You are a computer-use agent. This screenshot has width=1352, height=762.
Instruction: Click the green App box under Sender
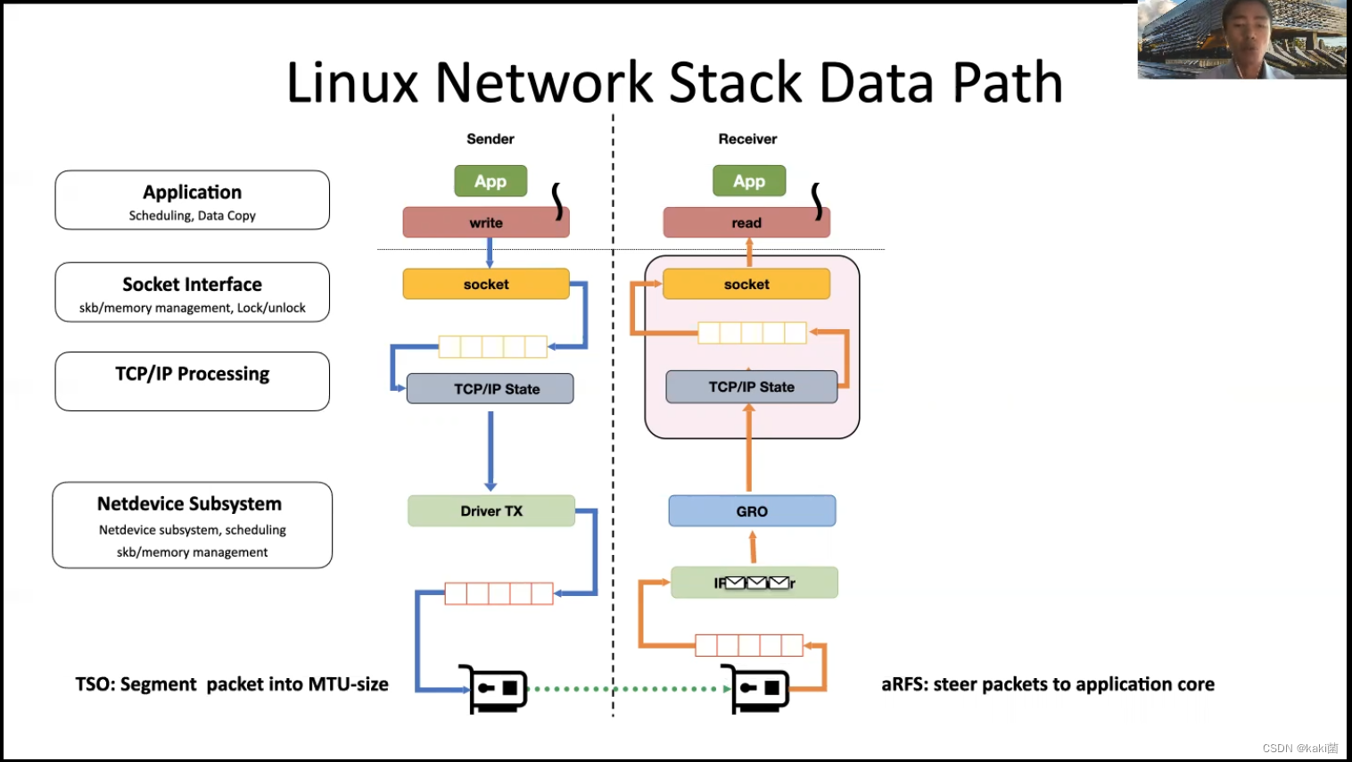pyautogui.click(x=491, y=181)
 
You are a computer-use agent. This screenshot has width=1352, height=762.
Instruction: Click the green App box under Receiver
pyautogui.click(x=749, y=181)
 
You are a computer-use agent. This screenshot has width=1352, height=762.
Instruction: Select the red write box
pyautogui.click(x=486, y=223)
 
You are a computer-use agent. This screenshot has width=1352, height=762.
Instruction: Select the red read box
pyautogui.click(x=746, y=223)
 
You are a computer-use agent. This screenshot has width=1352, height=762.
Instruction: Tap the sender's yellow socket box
pyautogui.click(x=486, y=285)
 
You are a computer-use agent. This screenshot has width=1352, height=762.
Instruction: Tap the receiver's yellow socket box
pyautogui.click(x=746, y=285)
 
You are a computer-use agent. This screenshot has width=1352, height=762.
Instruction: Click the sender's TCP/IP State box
pyautogui.click(x=490, y=389)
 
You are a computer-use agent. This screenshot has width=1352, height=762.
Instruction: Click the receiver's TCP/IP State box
pyautogui.click(x=751, y=387)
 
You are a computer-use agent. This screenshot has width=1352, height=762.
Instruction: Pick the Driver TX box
pyautogui.click(x=491, y=511)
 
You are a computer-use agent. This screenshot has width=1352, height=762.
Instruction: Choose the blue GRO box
pyautogui.click(x=752, y=511)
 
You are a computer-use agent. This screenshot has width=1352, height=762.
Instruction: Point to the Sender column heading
pyautogui.click(x=491, y=139)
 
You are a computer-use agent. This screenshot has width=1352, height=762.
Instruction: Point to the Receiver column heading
pyautogui.click(x=747, y=139)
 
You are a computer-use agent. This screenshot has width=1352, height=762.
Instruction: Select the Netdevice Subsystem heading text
pyautogui.click(x=190, y=504)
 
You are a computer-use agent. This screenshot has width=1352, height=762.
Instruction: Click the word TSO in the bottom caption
pyautogui.click(x=94, y=684)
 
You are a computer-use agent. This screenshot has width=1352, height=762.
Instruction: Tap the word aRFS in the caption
pyautogui.click(x=903, y=684)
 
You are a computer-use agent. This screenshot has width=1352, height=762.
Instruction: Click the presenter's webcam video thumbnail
pyautogui.click(x=1241, y=40)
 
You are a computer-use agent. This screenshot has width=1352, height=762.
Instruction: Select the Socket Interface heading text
pyautogui.click(x=193, y=285)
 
